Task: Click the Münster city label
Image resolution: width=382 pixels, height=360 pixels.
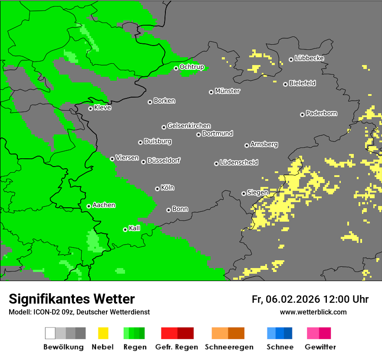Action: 227,91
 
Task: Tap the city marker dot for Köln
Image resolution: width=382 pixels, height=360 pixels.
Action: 157,189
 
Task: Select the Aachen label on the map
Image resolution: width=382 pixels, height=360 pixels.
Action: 104,205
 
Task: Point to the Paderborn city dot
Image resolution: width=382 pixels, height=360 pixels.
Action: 302,115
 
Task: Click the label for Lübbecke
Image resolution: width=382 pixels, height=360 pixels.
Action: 309,58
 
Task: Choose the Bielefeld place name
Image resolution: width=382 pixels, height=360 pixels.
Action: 302,83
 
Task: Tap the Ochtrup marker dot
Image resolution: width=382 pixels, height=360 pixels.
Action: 176,68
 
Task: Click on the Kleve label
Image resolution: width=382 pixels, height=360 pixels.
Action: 102,108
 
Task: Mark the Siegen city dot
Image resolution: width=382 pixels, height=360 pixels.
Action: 244,193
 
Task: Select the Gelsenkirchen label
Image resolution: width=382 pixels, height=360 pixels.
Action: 189,126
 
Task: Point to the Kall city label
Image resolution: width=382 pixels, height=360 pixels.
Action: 135,228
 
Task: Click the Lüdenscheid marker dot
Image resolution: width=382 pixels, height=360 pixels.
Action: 216,164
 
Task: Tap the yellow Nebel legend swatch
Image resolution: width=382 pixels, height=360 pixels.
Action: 103,333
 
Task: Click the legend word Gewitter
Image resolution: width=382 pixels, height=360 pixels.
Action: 320,347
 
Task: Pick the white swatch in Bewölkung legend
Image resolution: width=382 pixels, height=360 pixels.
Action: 50,333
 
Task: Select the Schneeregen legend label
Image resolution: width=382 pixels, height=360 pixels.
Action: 228,347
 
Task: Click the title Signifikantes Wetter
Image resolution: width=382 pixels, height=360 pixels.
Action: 72,299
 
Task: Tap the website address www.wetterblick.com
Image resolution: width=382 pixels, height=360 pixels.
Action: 313,312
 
